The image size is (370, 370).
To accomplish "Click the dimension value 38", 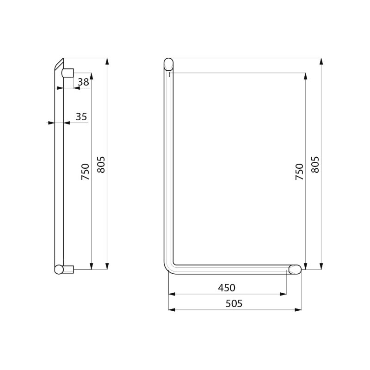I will point(83,82).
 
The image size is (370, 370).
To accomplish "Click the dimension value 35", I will point(81,117).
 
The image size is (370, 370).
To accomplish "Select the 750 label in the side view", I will point(86,172).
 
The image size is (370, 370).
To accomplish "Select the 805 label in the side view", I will point(101,165).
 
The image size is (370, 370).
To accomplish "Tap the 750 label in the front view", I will point(300,172).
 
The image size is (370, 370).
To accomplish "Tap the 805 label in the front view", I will point(315,165).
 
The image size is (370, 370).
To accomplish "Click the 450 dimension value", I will point(227,288).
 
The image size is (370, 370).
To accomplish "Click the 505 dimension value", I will point(234,304).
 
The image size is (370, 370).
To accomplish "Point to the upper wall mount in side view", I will point(68,73).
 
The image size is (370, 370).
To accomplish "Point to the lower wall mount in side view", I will point(68,269).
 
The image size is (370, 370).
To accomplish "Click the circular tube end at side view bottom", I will point(59,269).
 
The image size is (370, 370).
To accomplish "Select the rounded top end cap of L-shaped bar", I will point(168,63).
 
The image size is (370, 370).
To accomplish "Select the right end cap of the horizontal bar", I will point(295,269).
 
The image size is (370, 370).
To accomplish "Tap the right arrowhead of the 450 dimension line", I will point(283,294).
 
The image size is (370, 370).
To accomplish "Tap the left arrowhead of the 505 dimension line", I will point(172,309).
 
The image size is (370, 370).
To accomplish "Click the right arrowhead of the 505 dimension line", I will point(298,309).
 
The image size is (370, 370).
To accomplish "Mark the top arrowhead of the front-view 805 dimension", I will point(321,61).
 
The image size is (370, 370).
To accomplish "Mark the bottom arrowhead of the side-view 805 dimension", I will point(107,266).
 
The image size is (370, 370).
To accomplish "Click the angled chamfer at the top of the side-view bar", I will point(59,64).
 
